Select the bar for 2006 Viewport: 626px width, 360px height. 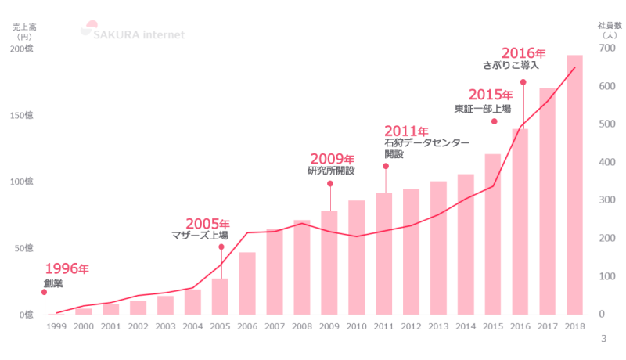[x=247, y=283]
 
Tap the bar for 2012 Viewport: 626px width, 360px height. [x=411, y=251]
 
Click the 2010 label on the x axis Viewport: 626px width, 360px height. [x=356, y=326]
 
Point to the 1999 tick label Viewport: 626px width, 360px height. [x=56, y=326]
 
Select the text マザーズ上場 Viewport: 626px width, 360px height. [x=200, y=235]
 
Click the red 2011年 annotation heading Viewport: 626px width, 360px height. [x=406, y=131]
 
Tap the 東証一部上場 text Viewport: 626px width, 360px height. [x=482, y=109]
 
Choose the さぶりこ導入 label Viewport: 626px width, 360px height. [x=511, y=65]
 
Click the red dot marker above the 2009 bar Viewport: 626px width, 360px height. [x=329, y=184]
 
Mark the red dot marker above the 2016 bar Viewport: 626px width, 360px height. [x=523, y=82]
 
